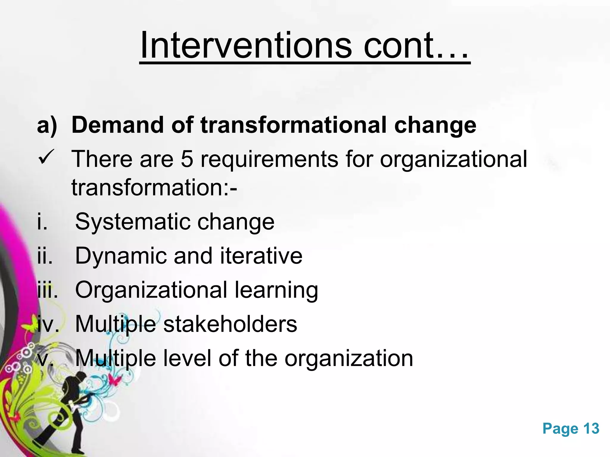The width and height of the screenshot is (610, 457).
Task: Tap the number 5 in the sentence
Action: [187, 159]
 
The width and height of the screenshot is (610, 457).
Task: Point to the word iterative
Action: [261, 256]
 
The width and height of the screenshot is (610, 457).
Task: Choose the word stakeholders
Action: [230, 324]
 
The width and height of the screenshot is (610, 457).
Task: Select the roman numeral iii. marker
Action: [47, 290]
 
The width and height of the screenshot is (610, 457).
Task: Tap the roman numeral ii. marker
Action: [45, 256]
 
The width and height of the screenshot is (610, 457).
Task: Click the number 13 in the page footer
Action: [591, 429]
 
